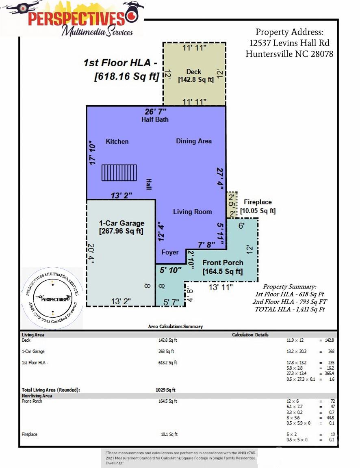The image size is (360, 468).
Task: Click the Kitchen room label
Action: (x=117, y=141)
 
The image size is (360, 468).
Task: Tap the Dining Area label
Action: (x=194, y=141)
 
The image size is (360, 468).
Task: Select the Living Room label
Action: (x=193, y=212)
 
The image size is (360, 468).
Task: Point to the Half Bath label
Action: (x=155, y=119)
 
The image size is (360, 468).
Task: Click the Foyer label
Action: (x=170, y=252)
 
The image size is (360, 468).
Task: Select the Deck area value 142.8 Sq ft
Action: (x=196, y=80)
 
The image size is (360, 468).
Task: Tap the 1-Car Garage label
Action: (x=121, y=223)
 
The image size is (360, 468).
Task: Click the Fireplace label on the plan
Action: (x=258, y=202)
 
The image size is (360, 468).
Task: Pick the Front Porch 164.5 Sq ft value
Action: (x=223, y=271)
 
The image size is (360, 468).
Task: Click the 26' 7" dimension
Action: (x=156, y=111)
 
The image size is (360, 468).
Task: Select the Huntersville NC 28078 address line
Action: (x=289, y=54)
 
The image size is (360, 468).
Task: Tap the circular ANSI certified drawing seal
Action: (x=52, y=298)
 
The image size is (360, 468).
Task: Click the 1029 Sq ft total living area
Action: (x=165, y=390)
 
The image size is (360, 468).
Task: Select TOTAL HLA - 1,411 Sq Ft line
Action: (x=290, y=309)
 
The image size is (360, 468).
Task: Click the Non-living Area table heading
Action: (x=37, y=395)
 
